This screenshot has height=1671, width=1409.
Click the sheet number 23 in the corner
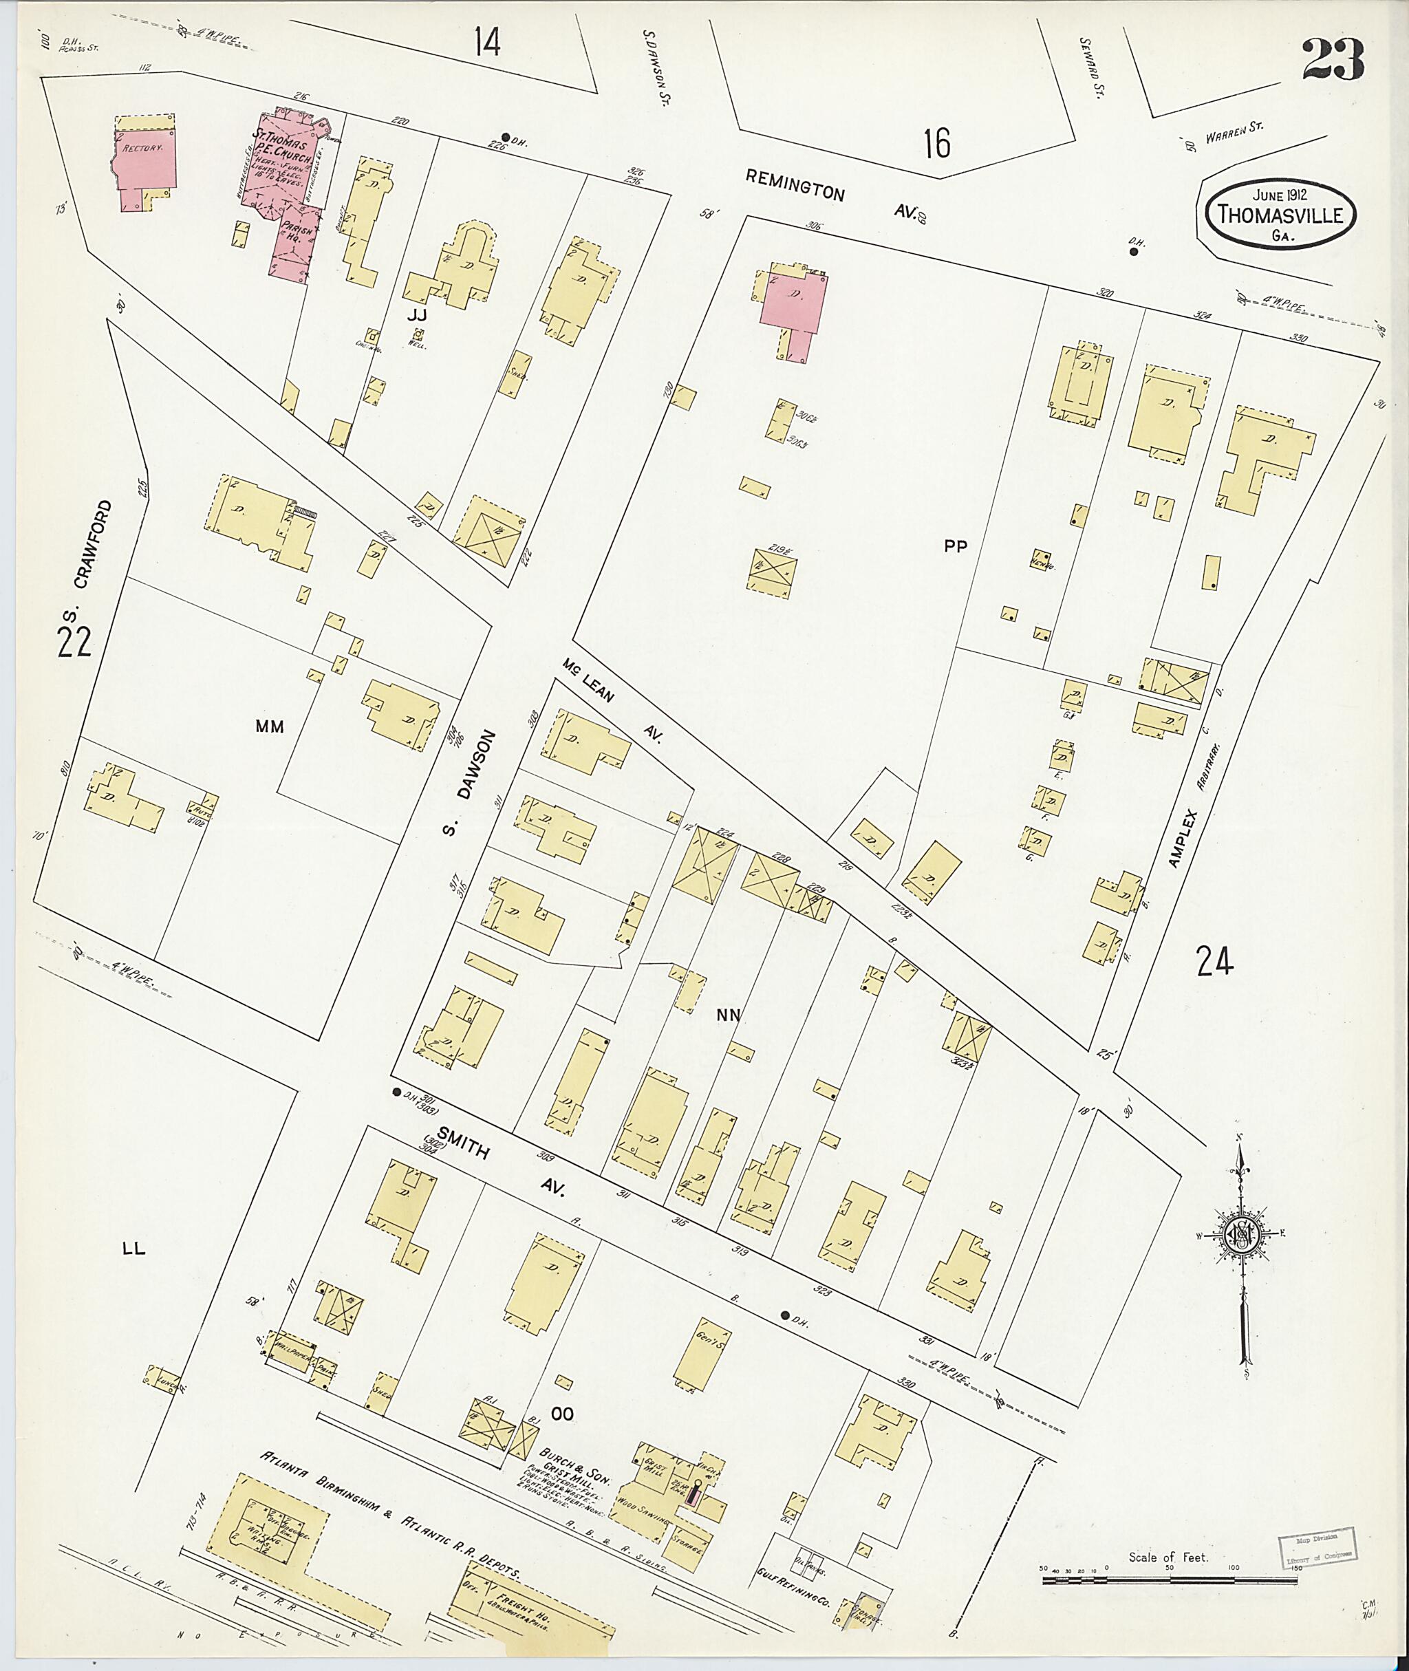pos(1333,61)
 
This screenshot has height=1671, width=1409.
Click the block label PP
pos(956,546)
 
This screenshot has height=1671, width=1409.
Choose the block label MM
pos(269,726)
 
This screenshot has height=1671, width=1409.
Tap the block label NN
pos(728,1015)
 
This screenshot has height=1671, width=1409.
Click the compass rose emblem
pos(1243,1234)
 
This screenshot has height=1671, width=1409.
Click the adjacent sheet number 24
pos(1215,960)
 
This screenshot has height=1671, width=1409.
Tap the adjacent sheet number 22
pos(74,640)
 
